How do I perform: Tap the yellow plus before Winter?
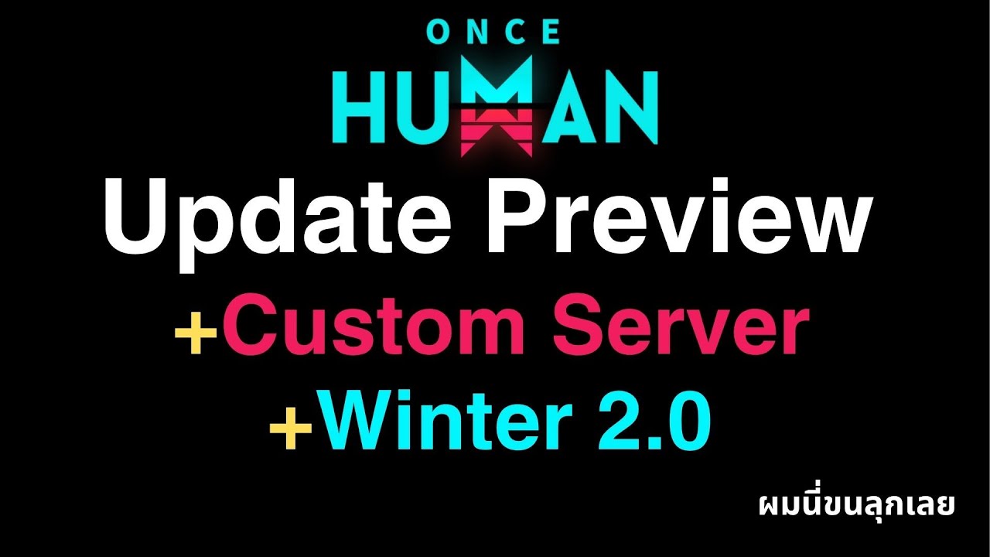pyautogui.click(x=292, y=430)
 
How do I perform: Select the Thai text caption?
pyautogui.click(x=857, y=504)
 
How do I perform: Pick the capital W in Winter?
pyautogui.click(x=355, y=422)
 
